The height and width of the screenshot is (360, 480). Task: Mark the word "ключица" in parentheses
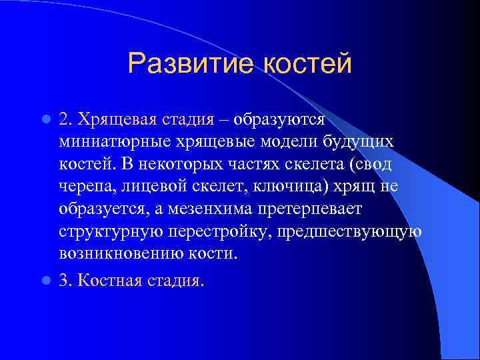click(296, 187)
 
